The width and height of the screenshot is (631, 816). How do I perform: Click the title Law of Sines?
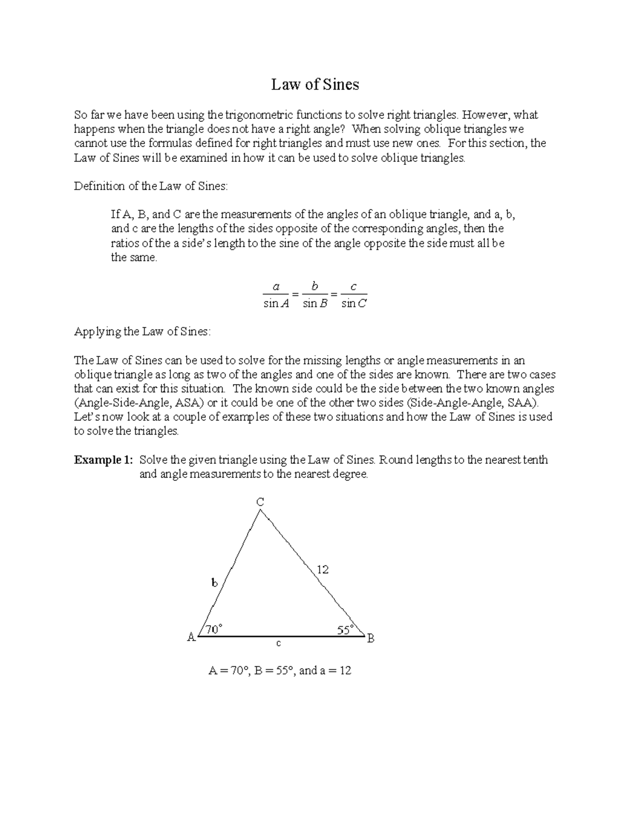tap(315, 85)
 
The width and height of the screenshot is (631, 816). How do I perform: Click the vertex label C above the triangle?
tap(260, 502)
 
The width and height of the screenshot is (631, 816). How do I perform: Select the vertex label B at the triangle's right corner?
tap(371, 638)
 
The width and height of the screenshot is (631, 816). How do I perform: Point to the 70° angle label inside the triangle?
tap(213, 629)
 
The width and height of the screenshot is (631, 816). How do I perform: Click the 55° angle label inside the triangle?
tap(345, 630)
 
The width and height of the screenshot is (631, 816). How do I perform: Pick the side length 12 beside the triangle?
tap(322, 569)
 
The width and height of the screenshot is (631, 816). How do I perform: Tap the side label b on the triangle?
tap(214, 583)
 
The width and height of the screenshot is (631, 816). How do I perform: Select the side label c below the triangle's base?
tap(279, 643)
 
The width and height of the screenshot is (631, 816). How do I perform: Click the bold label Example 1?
tap(104, 460)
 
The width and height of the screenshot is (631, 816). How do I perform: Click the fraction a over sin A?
tap(276, 295)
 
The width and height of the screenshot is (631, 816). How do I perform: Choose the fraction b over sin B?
tap(315, 295)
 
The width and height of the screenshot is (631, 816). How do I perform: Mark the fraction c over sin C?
tap(353, 295)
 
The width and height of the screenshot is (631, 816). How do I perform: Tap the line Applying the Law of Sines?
tap(142, 332)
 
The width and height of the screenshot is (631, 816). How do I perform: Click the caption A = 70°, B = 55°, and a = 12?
tap(280, 670)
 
